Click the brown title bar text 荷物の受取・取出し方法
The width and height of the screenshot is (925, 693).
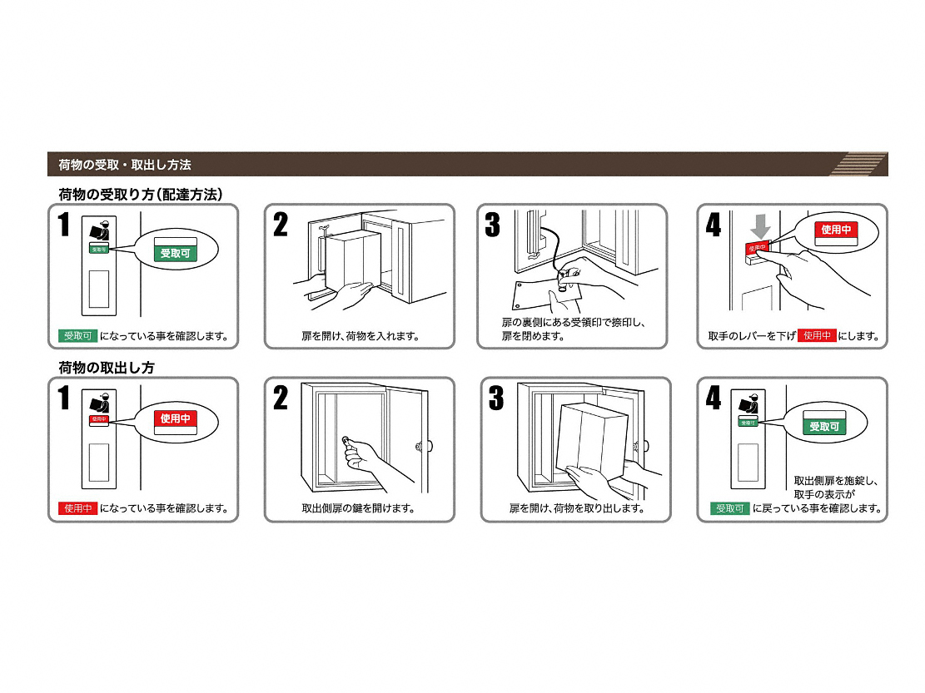125,165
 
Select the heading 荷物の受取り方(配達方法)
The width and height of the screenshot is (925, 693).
141,195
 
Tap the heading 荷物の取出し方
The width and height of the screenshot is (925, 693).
107,368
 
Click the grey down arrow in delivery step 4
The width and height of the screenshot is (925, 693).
760,226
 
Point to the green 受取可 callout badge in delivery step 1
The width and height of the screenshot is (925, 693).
175,254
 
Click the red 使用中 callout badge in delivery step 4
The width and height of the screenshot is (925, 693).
836,230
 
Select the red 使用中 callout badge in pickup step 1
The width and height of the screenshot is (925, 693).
175,418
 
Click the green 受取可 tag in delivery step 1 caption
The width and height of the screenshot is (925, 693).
78,336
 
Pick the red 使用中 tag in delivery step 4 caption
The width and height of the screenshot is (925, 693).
817,335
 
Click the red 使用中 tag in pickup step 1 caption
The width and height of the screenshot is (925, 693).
78,508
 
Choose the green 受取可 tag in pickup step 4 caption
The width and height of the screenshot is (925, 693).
729,508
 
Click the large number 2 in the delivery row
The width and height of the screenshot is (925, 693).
281,225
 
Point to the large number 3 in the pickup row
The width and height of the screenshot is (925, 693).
497,398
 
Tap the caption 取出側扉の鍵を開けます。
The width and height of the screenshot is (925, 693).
358,508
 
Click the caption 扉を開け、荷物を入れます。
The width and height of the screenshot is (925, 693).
361,336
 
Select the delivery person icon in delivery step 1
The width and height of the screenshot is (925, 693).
100,230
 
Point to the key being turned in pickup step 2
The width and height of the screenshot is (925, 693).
347,443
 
